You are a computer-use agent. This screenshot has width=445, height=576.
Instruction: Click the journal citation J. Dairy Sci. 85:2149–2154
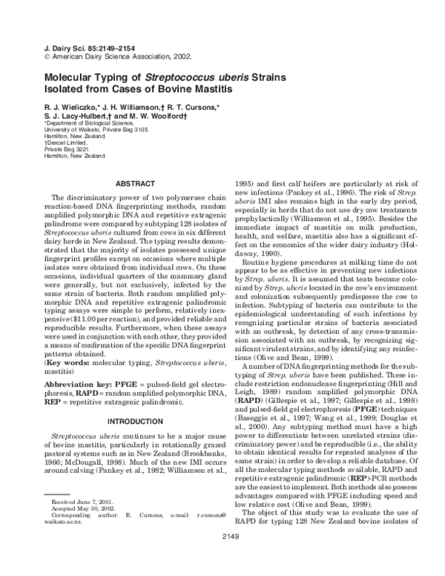[x=79, y=47]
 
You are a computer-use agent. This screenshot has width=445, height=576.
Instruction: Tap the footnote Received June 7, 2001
[x=78, y=523]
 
